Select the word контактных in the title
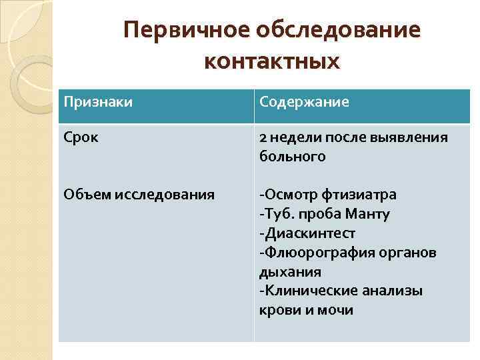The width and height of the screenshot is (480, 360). click(272, 61)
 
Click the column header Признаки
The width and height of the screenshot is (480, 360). click(98, 103)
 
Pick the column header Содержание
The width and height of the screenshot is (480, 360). click(305, 103)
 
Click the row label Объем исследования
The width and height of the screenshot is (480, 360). click(139, 195)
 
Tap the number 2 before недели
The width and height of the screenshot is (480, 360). click(264, 137)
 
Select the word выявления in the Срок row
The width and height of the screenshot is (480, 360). click(413, 137)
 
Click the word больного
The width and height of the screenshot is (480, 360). click(293, 157)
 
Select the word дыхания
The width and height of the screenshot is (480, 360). click(290, 272)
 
